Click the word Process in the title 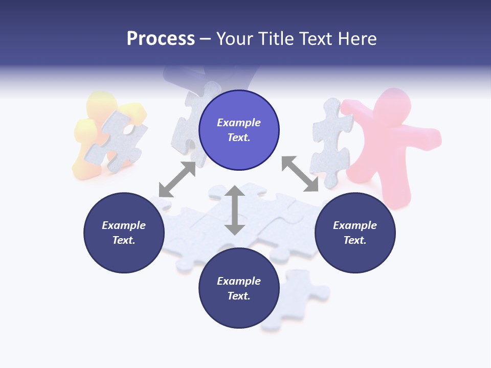tap(161, 39)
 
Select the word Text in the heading tap(316, 39)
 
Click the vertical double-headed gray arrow tap(235, 211)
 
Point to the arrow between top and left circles tap(177, 179)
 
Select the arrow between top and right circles tap(300, 174)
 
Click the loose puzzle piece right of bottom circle tap(299, 296)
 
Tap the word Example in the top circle tap(239, 123)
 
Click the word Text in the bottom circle tap(238, 296)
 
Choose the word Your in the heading tap(235, 39)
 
